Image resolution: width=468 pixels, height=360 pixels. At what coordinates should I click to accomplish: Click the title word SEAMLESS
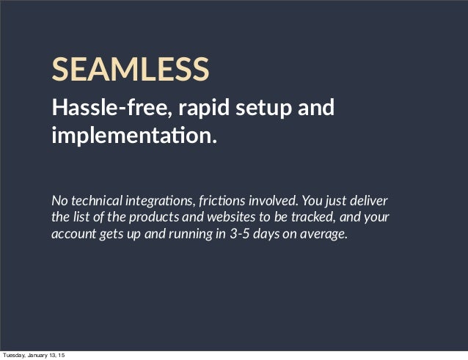(x=130, y=69)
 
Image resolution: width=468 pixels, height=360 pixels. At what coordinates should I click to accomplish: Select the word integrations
(x=159, y=201)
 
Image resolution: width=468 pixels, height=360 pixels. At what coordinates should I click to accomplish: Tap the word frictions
(x=222, y=201)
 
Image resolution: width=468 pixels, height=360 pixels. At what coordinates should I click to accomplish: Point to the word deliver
(x=370, y=201)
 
